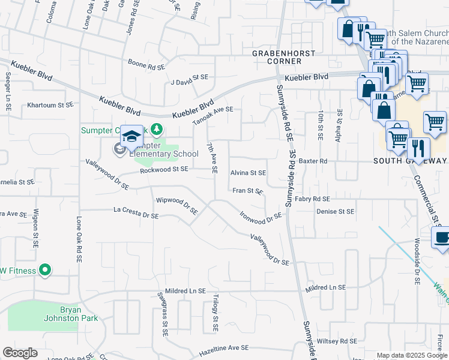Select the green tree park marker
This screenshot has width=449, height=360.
click(156, 128)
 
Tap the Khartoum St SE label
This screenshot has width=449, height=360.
click(50, 105)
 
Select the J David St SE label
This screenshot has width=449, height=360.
click(189, 77)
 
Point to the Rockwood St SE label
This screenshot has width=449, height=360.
click(164, 170)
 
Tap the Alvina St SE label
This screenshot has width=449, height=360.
click(248, 173)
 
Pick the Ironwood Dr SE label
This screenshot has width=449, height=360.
click(261, 217)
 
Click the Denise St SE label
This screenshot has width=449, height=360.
click(336, 211)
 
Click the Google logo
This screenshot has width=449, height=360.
click(20, 353)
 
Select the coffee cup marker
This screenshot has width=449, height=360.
click(442, 238)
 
